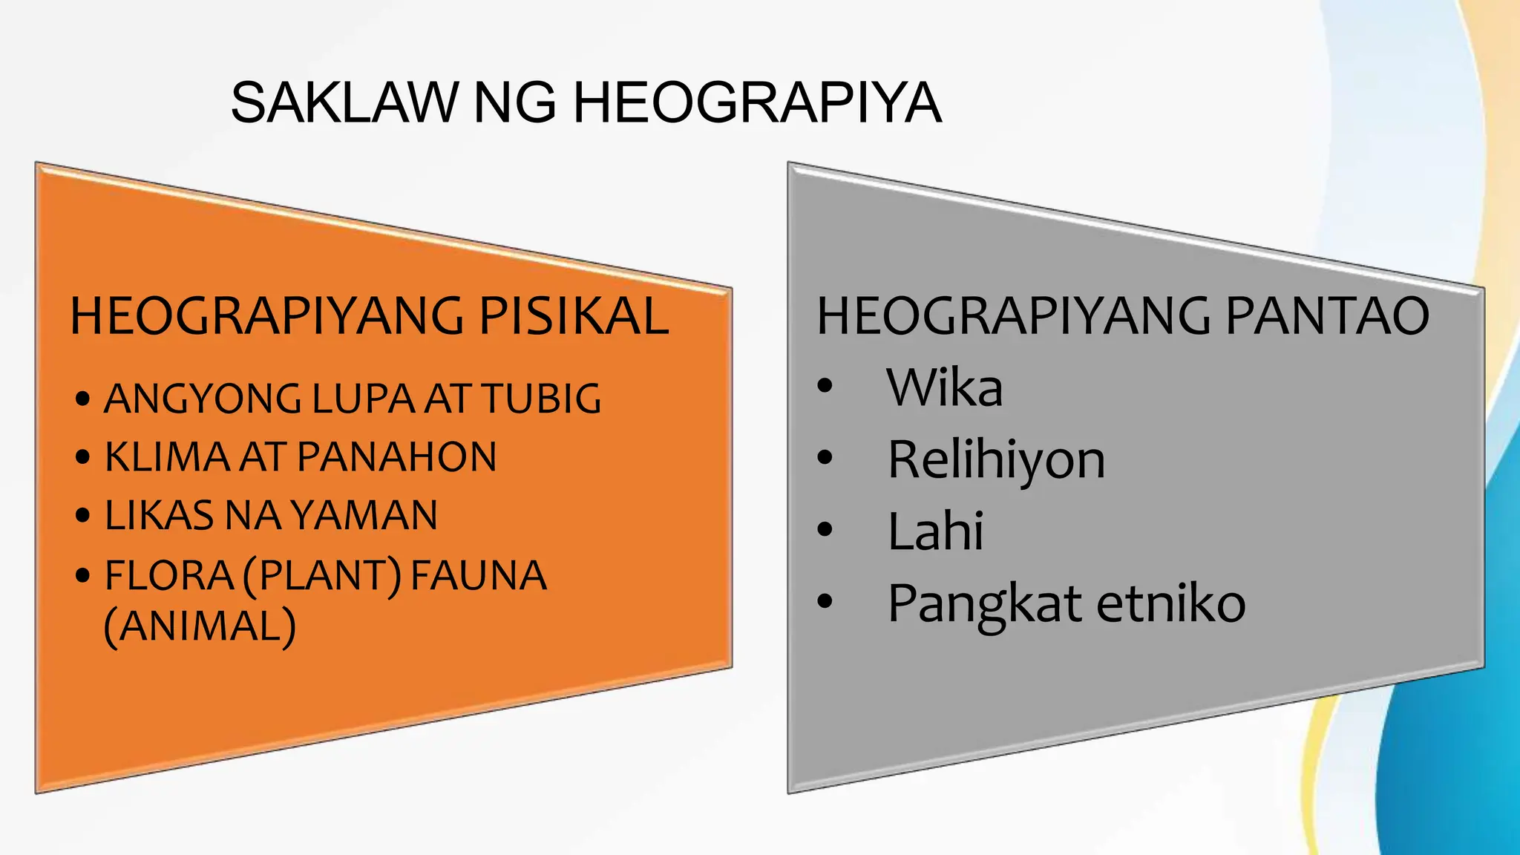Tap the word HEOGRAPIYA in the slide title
point(757,102)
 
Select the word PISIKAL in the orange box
point(574,316)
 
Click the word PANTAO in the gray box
point(1327,316)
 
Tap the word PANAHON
point(397,456)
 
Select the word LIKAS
point(160,515)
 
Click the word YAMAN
point(364,515)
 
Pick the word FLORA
point(169,575)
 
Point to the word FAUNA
point(479,575)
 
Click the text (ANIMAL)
point(200,626)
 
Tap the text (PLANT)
point(322,576)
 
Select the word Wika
point(944,387)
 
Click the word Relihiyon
point(996,459)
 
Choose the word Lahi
point(935,531)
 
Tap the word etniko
point(1170,603)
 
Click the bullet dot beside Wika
point(825,386)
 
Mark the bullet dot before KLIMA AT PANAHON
point(83,457)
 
